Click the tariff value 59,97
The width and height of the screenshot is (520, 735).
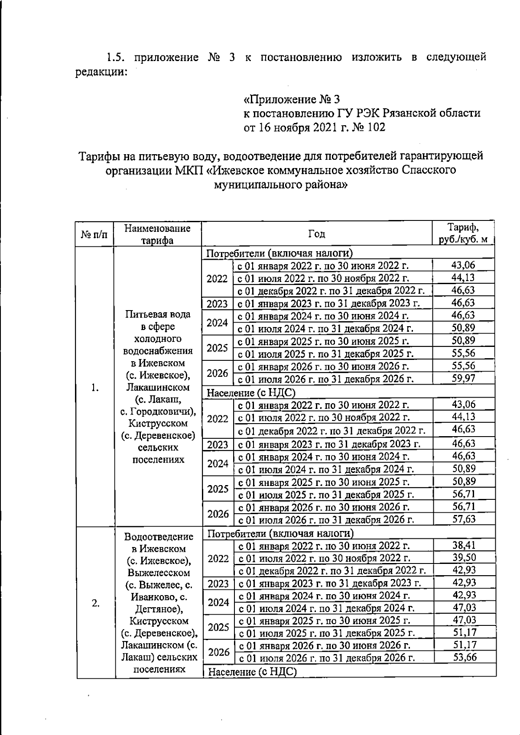click(463, 379)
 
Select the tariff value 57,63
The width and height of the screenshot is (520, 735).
click(464, 519)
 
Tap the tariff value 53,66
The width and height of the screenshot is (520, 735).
click(465, 657)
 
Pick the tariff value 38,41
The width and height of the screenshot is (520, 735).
click(464, 545)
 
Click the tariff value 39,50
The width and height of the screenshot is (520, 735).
click(464, 558)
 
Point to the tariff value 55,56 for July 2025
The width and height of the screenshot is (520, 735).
click(463, 353)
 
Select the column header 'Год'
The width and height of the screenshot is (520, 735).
click(316, 234)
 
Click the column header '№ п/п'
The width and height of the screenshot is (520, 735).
click(94, 234)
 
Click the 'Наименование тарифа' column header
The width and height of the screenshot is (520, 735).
click(157, 234)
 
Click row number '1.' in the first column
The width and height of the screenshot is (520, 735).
click(95, 387)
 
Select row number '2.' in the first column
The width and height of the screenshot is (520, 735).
click(96, 603)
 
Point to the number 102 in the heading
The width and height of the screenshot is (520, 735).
click(375, 127)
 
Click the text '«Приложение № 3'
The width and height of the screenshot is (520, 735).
click(291, 100)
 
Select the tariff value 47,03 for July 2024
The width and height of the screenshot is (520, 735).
click(464, 608)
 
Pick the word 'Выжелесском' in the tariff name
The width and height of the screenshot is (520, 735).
click(159, 573)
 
